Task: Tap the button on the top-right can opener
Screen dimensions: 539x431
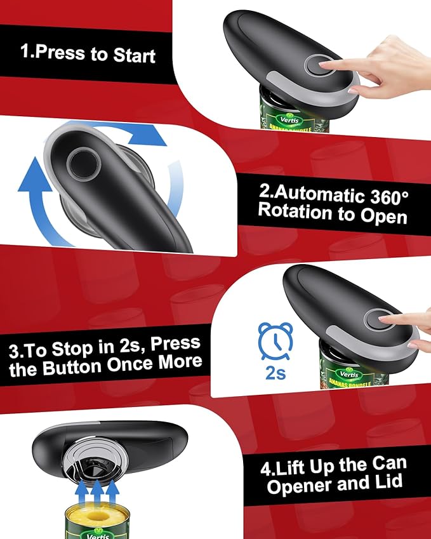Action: [x=315, y=65]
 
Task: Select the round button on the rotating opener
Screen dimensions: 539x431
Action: [x=83, y=163]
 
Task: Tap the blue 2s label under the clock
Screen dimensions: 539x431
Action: [x=275, y=373]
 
